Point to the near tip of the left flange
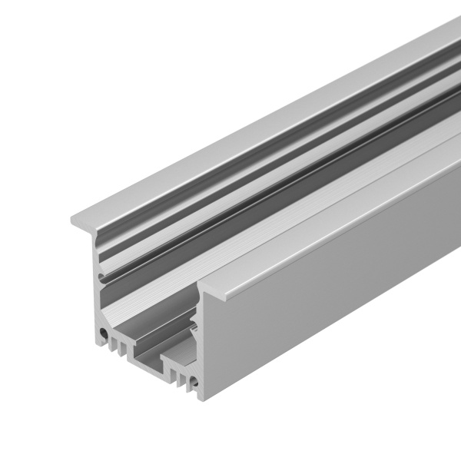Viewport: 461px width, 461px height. pos(73,221)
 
